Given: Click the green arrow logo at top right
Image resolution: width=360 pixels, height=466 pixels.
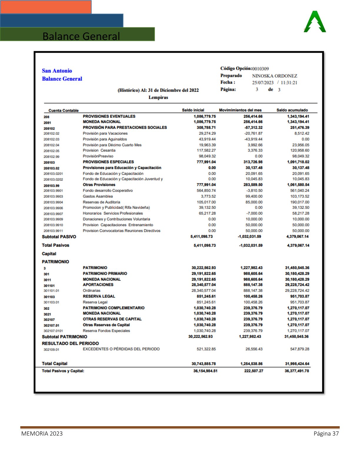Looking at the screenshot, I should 315,22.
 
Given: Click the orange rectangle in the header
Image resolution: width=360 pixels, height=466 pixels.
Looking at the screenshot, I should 46,7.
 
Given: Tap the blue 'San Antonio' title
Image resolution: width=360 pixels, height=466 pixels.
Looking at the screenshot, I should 57,71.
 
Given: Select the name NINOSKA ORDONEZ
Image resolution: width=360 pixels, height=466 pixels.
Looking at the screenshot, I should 274,76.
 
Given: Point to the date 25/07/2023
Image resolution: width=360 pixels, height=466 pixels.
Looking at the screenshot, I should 263,83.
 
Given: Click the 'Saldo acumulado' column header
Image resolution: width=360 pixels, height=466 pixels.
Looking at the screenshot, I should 292,110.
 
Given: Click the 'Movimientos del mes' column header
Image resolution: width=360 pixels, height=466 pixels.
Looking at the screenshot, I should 240,110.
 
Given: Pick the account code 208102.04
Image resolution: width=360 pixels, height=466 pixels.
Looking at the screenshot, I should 51,145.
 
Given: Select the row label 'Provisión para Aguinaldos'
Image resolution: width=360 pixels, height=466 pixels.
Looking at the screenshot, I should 105,139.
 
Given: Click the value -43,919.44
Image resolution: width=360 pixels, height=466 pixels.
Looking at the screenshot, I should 253,139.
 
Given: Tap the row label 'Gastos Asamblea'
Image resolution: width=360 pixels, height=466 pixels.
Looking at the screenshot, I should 98,196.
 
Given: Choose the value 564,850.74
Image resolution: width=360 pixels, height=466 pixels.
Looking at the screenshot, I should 206,191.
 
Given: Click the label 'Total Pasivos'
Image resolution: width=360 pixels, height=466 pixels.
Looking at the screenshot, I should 56,245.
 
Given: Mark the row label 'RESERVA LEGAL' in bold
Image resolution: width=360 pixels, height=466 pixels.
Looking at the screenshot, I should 99,296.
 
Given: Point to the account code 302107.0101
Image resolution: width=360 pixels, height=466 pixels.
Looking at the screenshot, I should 53,331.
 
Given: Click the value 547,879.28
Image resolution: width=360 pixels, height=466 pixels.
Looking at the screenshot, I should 299,349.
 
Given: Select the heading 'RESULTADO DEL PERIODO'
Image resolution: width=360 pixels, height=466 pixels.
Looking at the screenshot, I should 70,343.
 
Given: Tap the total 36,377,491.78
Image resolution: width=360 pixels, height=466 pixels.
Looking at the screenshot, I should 296,371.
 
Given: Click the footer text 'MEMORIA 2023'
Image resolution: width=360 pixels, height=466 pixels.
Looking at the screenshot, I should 42,434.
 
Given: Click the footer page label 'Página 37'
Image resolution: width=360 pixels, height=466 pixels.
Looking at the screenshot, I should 326,434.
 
